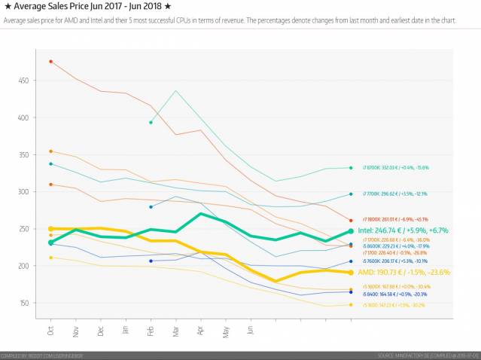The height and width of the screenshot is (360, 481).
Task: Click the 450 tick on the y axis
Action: [25, 81]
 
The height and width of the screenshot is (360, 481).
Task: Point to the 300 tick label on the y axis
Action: [25, 192]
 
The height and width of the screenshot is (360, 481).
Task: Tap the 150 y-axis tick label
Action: [25, 304]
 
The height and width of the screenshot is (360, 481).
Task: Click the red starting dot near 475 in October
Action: [50, 62]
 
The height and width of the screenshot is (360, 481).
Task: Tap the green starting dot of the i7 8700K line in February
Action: [151, 122]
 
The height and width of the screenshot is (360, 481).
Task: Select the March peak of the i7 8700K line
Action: [175, 91]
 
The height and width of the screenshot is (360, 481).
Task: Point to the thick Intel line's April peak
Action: [200, 214]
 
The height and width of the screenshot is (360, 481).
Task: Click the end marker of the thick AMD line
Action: [351, 272]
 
